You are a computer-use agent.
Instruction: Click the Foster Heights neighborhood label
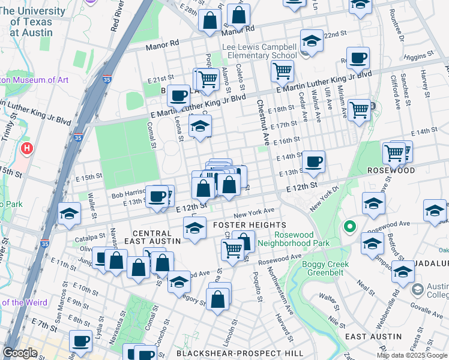[242, 224]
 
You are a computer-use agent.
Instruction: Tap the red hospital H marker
[26, 148]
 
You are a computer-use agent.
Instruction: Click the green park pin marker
[348, 227]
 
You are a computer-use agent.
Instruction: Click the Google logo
[20, 353]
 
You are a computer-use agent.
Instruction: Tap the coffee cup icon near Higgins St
[359, 58]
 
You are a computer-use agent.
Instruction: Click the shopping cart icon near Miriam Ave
[359, 110]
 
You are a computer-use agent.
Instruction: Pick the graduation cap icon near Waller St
[70, 214]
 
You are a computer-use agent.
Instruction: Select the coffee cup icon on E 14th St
[313, 161]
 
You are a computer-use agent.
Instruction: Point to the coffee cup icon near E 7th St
[80, 341]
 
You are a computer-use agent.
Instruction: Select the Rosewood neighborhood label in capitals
[392, 170]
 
